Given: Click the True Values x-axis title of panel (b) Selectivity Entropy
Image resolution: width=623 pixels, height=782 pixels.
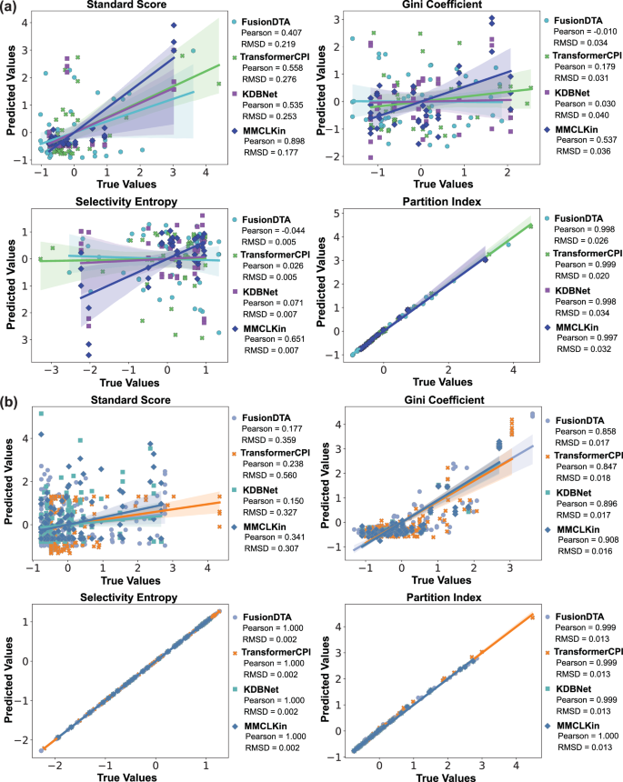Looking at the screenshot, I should pos(122,772).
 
